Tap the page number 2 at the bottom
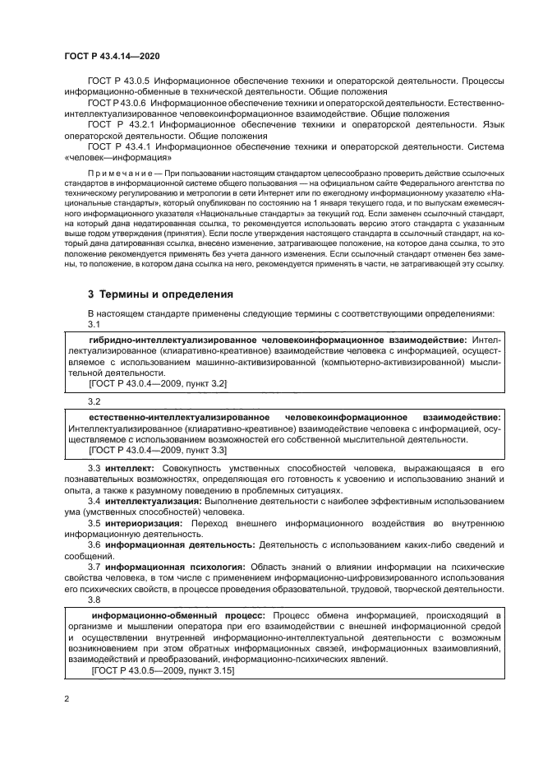67,699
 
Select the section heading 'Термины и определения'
162,294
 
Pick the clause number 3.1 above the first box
94,324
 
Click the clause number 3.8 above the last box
94,600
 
